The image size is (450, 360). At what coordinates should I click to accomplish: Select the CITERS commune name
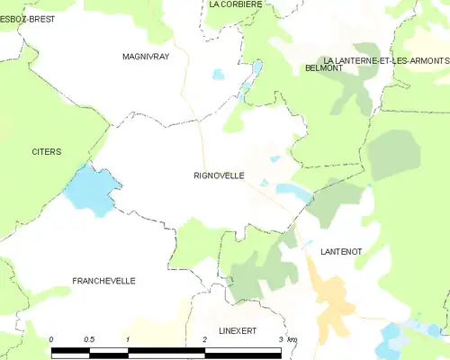click(x=46, y=152)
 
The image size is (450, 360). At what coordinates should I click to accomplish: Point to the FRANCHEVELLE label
click(x=103, y=281)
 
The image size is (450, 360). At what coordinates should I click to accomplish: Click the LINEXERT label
click(x=232, y=331)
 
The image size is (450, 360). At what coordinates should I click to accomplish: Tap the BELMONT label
click(x=323, y=68)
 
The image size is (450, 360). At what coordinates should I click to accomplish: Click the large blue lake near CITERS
click(x=91, y=190)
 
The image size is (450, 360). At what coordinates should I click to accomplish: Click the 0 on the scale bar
click(x=51, y=338)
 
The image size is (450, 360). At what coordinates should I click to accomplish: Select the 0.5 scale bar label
click(x=88, y=338)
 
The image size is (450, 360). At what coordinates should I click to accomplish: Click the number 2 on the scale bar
click(x=205, y=338)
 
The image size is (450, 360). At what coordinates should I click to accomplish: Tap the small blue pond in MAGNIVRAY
click(x=219, y=75)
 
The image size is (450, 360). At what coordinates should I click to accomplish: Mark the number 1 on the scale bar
click(x=129, y=338)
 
